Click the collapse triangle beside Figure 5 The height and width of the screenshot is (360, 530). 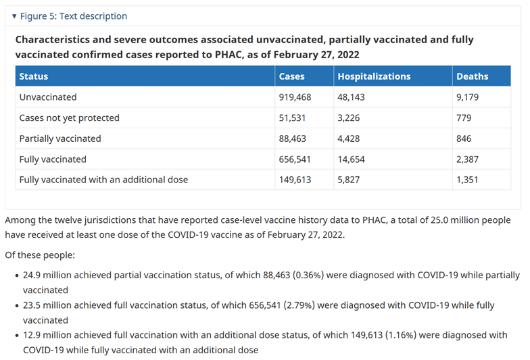(14, 16)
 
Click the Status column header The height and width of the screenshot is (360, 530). (34, 76)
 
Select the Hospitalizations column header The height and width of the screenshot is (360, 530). (374, 76)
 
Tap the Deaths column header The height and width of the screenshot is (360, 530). (472, 76)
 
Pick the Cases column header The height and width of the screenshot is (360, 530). (291, 76)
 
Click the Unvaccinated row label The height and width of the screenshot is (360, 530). (48, 97)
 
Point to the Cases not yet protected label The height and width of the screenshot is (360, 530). (69, 118)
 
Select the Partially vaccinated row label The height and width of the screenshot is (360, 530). (60, 138)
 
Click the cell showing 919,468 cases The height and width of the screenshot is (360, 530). (295, 97)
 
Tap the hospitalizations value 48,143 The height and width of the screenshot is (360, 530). (351, 97)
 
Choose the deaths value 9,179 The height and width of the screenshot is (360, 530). (467, 97)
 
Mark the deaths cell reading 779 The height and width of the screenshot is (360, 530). (464, 118)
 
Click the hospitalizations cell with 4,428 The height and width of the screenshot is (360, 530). (349, 139)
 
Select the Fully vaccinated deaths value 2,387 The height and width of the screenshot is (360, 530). (467, 159)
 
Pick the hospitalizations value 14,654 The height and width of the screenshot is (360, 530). (351, 159)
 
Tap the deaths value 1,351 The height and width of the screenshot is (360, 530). (466, 180)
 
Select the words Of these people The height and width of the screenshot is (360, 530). (40, 255)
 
